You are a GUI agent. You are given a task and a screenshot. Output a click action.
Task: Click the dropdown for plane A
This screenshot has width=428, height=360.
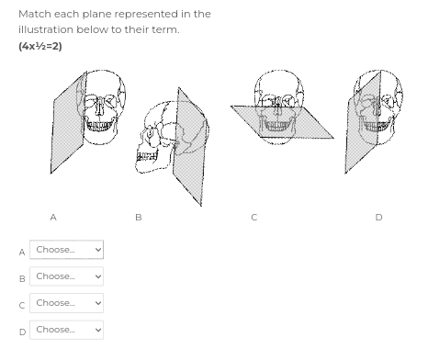coord(68,250)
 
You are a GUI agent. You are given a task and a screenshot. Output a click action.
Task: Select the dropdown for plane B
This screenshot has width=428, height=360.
coord(68,276)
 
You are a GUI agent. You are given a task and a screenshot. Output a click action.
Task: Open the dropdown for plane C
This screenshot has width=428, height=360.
coord(68,303)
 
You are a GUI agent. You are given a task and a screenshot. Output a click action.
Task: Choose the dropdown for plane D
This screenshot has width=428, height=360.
coord(68,330)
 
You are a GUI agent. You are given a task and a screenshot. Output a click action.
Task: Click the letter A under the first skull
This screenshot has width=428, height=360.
coord(52,218)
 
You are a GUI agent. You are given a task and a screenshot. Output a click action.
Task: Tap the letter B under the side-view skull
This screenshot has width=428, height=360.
coord(138,218)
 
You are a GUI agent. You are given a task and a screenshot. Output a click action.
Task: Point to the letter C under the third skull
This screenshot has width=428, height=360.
coord(253,218)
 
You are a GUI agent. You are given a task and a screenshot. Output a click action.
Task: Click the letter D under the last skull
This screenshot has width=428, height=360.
coord(378,218)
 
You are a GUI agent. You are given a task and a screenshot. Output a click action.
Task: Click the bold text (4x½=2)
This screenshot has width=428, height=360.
coord(40,46)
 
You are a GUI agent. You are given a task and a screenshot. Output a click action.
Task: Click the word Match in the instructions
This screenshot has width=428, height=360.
coord(34,14)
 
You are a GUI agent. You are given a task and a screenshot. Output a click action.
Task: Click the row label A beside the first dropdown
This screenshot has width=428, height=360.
coord(22,252)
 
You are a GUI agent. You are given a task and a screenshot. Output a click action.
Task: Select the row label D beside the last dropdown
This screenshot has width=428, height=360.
coord(22,332)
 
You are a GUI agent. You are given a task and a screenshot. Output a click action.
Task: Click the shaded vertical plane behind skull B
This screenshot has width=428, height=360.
coord(191,147)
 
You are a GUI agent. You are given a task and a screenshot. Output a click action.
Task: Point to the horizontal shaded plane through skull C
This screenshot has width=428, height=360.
coord(248,119)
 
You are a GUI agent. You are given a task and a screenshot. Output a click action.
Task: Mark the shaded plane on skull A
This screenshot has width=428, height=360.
coord(66,124)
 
